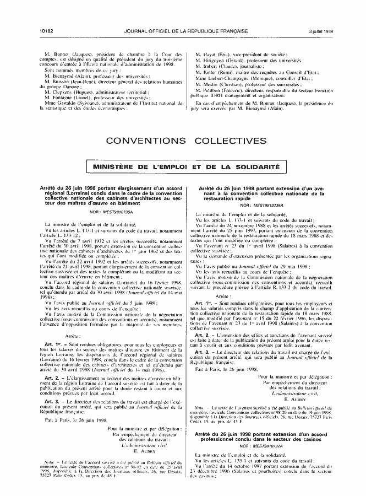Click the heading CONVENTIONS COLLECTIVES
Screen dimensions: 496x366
[x=183, y=141]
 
